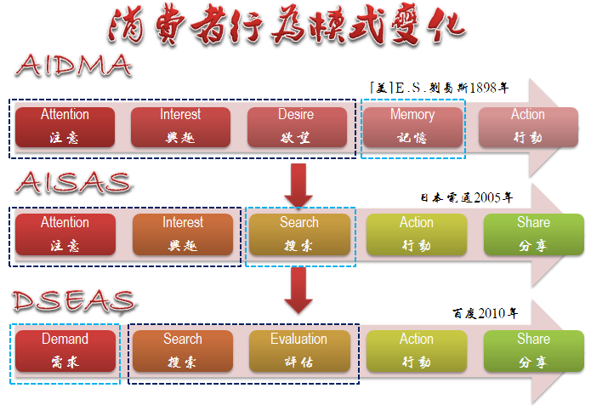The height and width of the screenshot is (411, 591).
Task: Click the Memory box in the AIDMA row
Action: (412, 127)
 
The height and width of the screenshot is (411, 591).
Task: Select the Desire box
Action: (297, 127)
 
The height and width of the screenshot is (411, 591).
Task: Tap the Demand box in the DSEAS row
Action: (65, 351)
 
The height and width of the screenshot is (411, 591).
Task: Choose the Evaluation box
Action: (299, 351)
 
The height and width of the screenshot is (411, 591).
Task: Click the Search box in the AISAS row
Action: (299, 234)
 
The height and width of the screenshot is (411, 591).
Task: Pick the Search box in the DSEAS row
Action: (183, 351)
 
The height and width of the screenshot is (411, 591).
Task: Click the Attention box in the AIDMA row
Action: (65, 127)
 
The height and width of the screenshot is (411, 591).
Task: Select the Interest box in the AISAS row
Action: (183, 234)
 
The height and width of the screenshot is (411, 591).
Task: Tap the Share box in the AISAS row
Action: (534, 234)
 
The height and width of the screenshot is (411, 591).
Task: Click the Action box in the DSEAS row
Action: (417, 351)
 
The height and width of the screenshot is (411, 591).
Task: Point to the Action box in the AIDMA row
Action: (528, 127)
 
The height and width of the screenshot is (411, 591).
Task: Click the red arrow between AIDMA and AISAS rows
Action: (298, 186)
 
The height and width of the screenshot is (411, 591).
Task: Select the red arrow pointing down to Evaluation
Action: (298, 290)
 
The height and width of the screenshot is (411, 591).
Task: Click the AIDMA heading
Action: (73, 66)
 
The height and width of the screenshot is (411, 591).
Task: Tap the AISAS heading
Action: (74, 183)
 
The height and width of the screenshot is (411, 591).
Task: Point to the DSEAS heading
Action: (74, 301)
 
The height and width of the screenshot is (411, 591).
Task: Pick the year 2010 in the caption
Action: (492, 313)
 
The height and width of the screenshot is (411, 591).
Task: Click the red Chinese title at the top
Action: (287, 26)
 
